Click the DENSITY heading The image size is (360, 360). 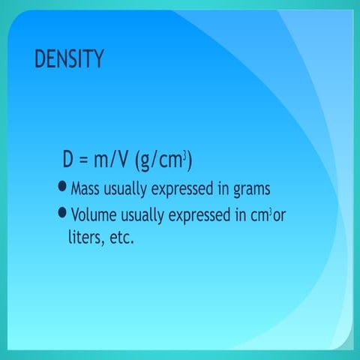pos(69,60)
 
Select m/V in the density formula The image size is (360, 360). pos(113,160)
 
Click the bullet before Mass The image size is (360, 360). pos(62,187)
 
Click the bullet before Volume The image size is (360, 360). pos(62,214)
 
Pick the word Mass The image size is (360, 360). pos(84,187)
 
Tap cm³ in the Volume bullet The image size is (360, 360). pos(259,216)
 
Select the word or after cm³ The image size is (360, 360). pos(279,216)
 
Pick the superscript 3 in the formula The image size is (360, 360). pos(184,154)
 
